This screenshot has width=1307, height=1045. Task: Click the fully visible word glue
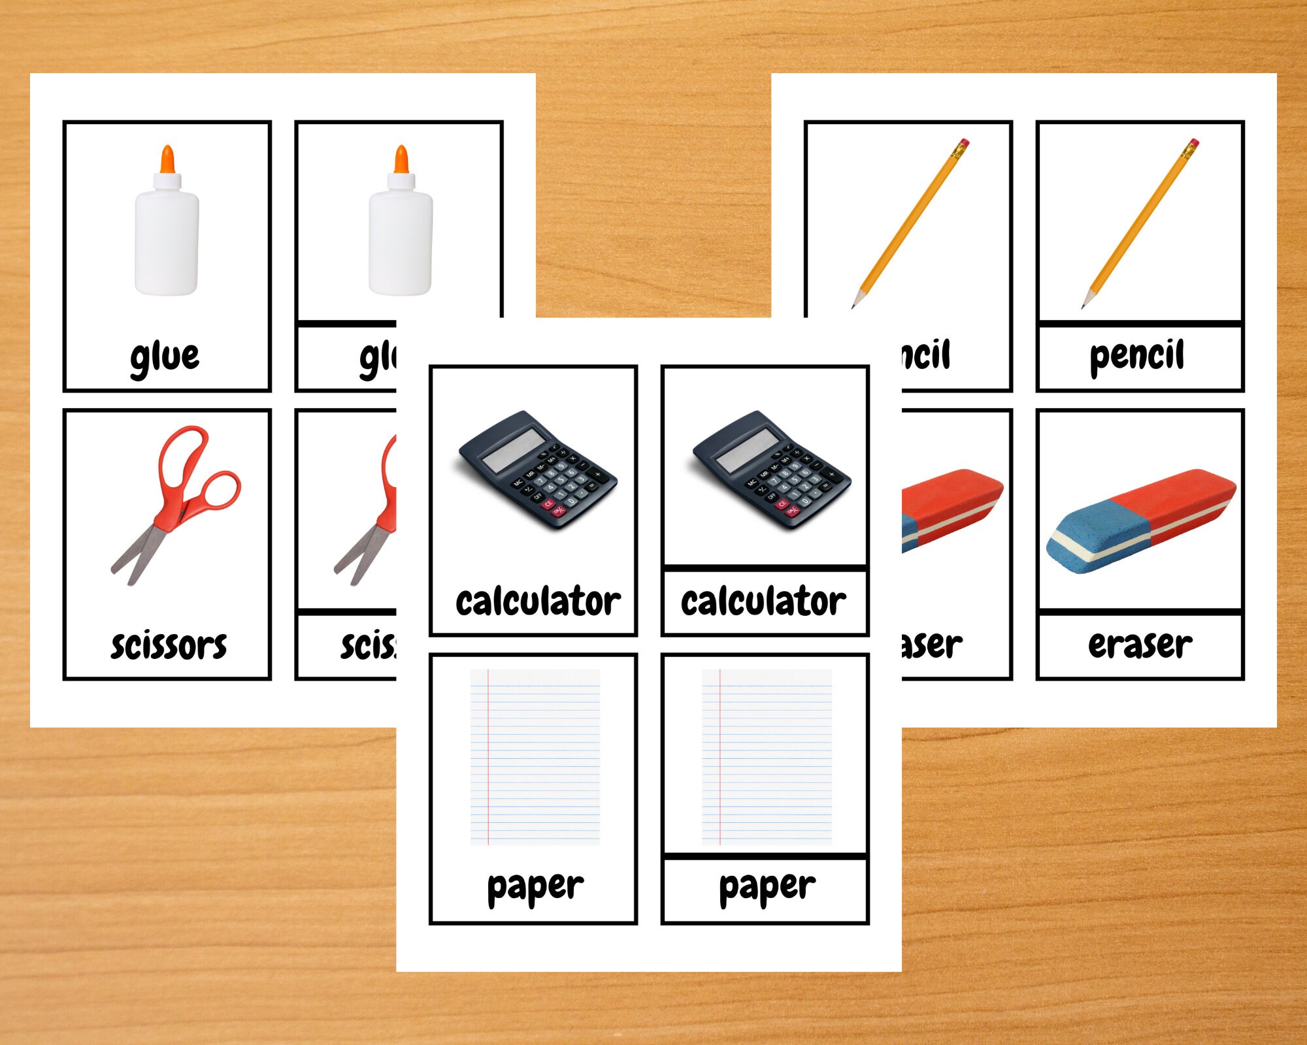click(165, 357)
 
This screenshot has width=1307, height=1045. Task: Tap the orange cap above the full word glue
click(168, 159)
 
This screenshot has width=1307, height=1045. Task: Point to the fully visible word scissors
click(169, 645)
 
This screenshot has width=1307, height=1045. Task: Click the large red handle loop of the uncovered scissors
click(185, 457)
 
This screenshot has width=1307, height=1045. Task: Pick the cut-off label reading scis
click(368, 645)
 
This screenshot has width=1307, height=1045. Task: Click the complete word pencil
click(1136, 357)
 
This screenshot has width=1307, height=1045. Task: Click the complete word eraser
click(1140, 645)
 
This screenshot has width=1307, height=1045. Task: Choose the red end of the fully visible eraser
click(1176, 496)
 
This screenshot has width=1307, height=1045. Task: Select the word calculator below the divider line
click(763, 602)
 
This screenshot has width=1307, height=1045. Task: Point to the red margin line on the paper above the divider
click(720, 758)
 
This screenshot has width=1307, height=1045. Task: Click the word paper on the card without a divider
click(535, 888)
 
